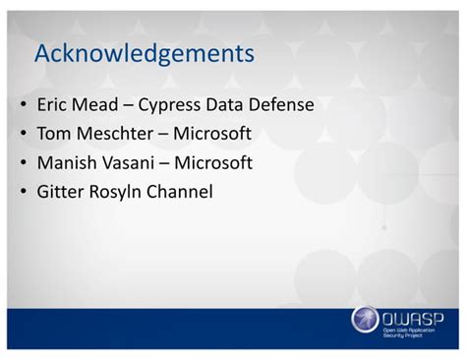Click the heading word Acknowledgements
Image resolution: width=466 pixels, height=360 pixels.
[x=144, y=54]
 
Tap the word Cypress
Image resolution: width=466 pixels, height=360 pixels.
[x=183, y=104]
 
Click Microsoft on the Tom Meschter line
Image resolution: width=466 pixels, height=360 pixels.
[x=213, y=133]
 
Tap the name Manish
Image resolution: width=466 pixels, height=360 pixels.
[x=66, y=162]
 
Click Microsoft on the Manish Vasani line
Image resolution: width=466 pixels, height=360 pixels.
[x=215, y=162]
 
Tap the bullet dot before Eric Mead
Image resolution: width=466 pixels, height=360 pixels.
[x=23, y=104]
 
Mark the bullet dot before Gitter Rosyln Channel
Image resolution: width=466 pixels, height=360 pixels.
[x=23, y=193]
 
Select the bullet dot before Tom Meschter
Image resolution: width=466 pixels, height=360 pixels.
[x=23, y=134]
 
